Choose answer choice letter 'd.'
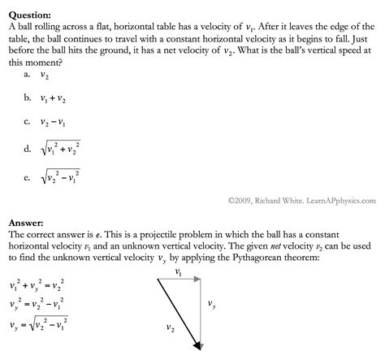[x=28, y=149]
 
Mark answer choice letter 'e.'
[x=28, y=176]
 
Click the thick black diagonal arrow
[x=178, y=313]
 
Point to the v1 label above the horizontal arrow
[x=179, y=271]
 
